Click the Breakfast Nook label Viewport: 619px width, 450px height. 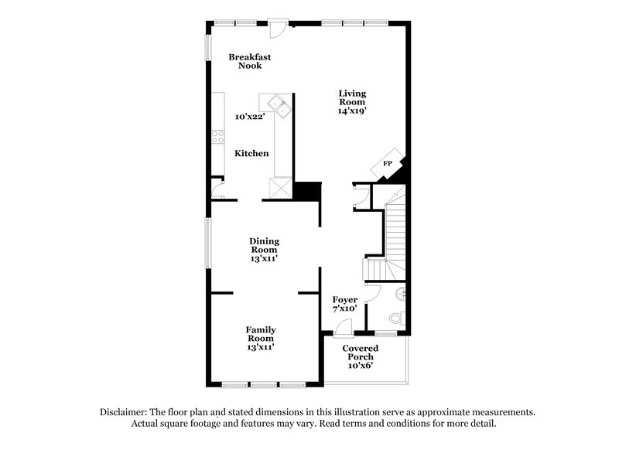click(249, 61)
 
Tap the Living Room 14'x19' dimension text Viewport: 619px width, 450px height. click(352, 110)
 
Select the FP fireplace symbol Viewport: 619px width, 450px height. click(388, 164)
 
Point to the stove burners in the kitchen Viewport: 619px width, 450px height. click(218, 137)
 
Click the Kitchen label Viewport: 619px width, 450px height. click(252, 154)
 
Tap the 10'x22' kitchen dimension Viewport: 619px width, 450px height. click(251, 117)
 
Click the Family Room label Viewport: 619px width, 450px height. click(261, 339)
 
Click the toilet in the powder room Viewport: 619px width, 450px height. click(396, 317)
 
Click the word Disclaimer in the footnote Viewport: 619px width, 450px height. click(123, 412)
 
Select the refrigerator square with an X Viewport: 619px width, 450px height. click(279, 189)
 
